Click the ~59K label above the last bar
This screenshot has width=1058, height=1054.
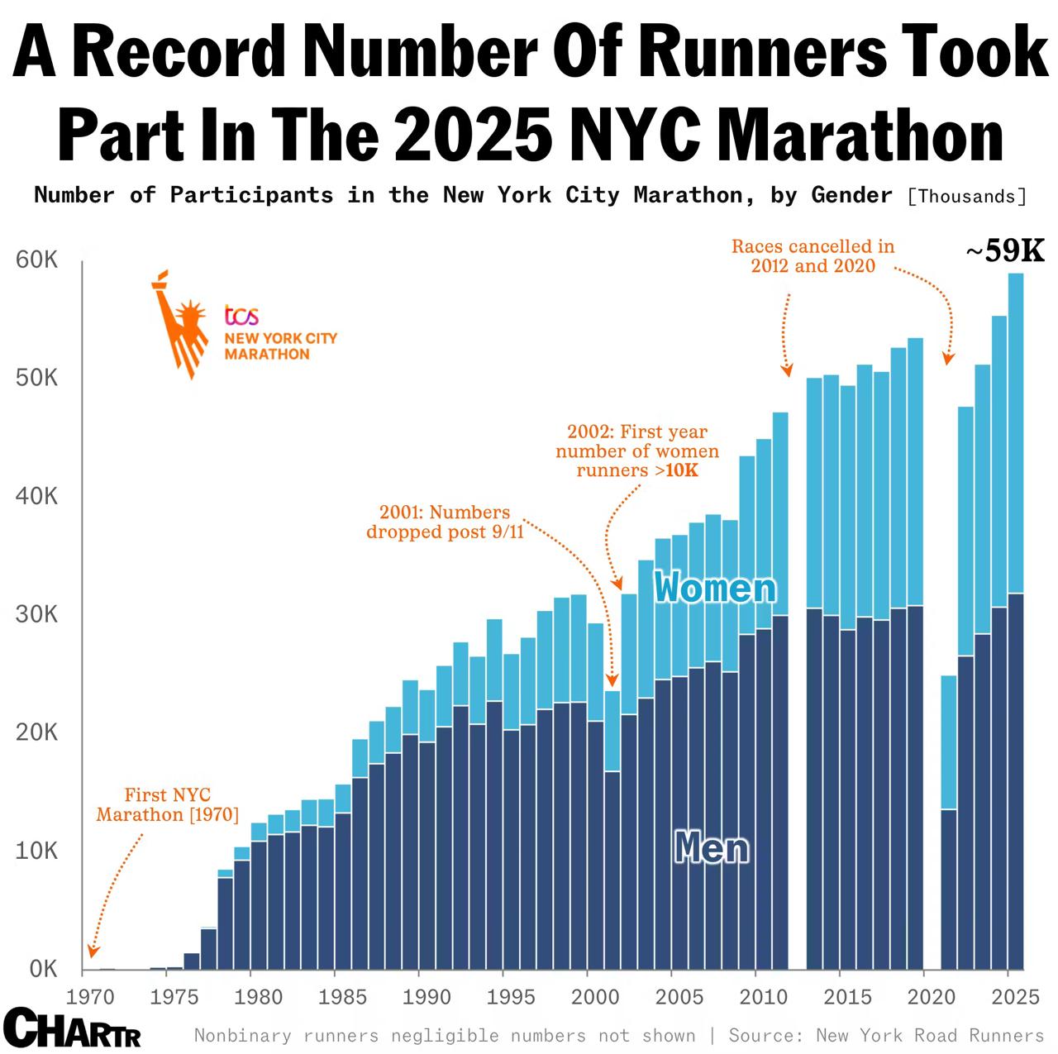click(x=1005, y=251)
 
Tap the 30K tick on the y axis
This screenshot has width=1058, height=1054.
click(x=36, y=615)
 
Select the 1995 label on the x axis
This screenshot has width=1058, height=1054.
click(x=512, y=997)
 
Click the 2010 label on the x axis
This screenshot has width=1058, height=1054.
click(x=764, y=997)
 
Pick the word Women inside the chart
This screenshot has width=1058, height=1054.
click(x=715, y=589)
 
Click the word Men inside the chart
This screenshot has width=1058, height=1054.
click(x=712, y=848)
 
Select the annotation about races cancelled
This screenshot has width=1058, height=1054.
click(x=813, y=256)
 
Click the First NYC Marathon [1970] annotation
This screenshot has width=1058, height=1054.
click(x=168, y=805)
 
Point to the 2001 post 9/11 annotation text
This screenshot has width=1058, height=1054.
click(x=445, y=522)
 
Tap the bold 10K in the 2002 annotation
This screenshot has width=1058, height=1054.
click(x=682, y=471)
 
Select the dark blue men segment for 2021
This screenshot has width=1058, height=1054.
click(x=949, y=889)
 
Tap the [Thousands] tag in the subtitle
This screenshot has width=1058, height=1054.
click(x=966, y=197)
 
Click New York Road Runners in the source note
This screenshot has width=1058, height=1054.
click(x=930, y=1036)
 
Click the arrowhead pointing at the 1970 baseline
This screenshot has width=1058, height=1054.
click(x=93, y=952)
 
